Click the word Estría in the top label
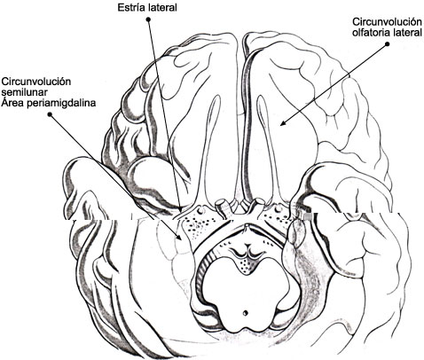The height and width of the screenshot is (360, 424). point(130,7)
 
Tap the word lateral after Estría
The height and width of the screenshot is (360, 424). point(161,7)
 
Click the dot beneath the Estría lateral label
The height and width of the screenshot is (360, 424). point(148,20)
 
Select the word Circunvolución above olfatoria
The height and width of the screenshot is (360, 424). point(387,22)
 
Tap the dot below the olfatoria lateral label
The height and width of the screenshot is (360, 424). point(387,44)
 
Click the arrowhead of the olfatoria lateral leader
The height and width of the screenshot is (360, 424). point(282,123)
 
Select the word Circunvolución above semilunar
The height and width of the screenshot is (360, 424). point(36,82)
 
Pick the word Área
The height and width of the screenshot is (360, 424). point(12,103)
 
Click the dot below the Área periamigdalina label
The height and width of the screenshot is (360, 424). point(50,113)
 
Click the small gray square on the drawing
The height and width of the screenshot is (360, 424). point(308,216)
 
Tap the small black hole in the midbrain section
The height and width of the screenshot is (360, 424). point(245,312)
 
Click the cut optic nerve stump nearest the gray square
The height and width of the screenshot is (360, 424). point(259,202)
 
